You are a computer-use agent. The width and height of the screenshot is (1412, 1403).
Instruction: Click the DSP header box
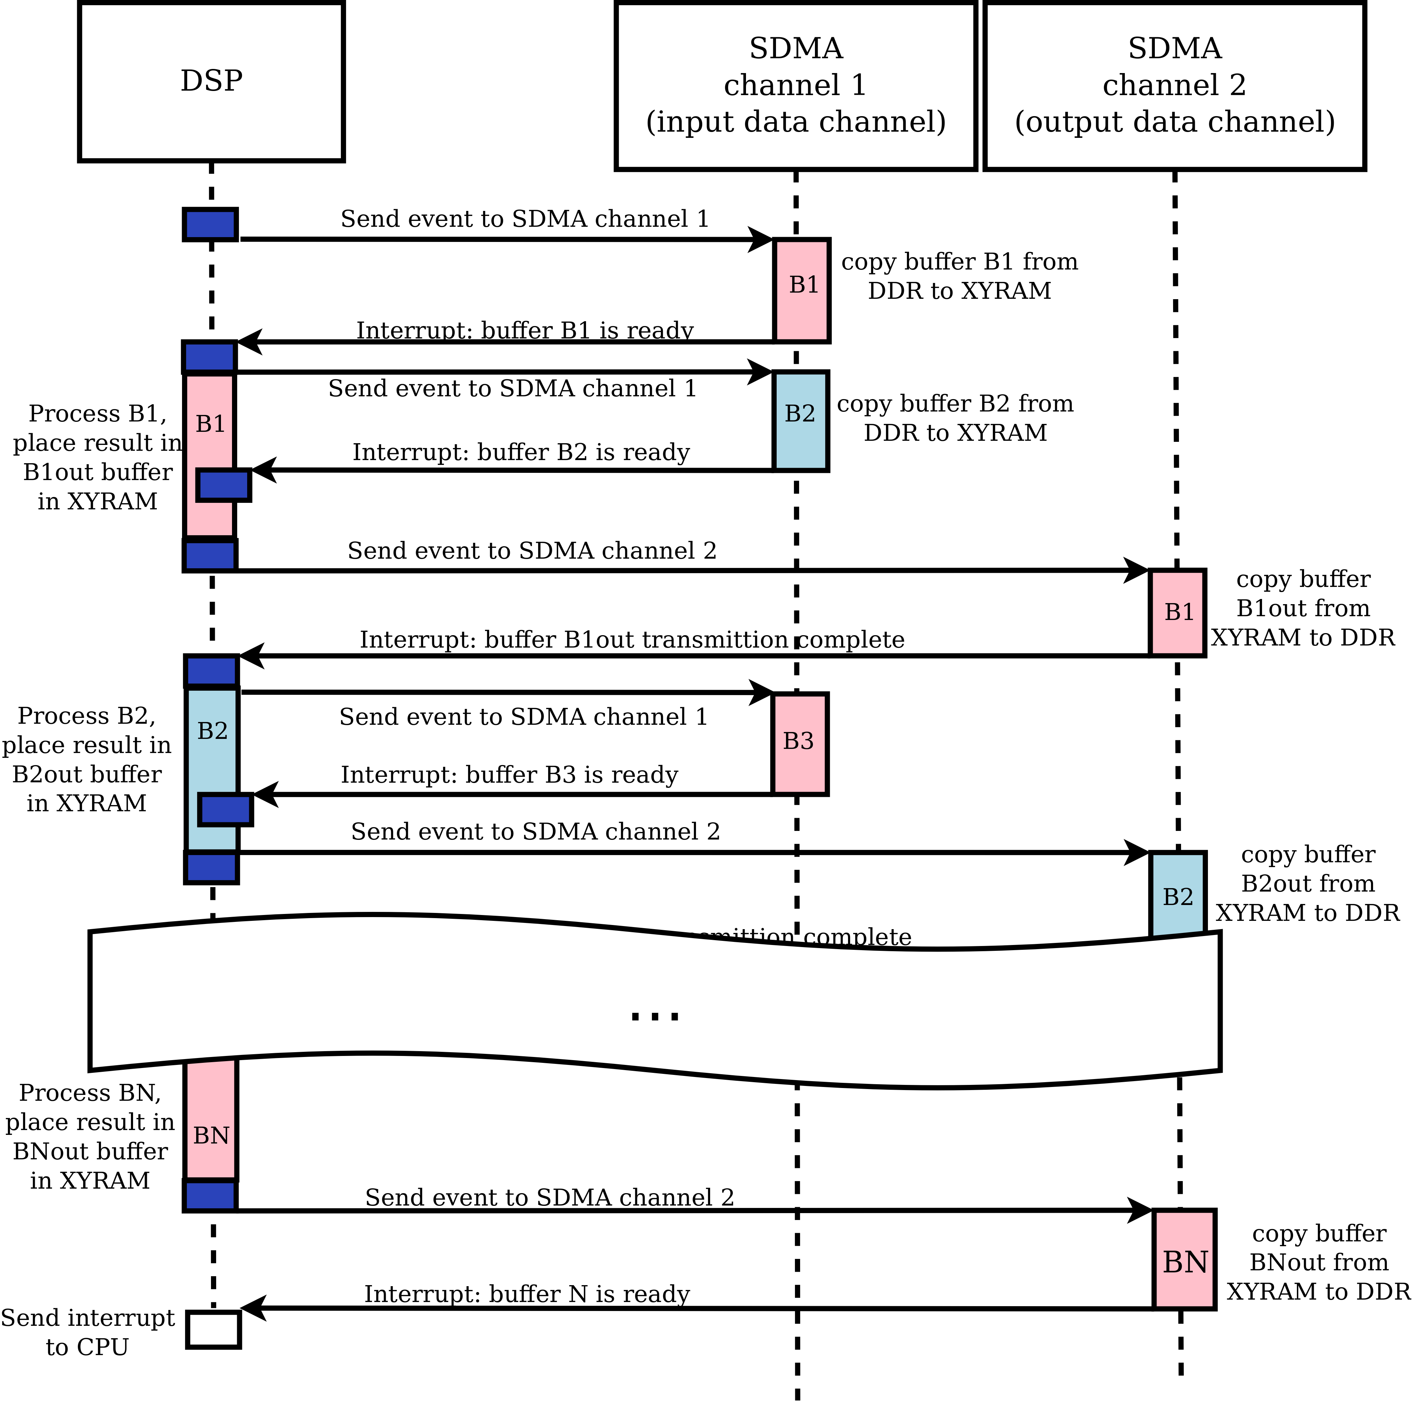click(211, 81)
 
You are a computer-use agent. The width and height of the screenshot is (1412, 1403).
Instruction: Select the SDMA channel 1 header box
click(796, 85)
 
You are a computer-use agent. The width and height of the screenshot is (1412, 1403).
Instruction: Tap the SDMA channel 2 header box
click(1174, 85)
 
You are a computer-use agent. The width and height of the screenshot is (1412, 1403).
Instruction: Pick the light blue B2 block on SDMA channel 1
click(800, 421)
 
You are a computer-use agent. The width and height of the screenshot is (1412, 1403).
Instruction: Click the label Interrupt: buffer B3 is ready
click(510, 775)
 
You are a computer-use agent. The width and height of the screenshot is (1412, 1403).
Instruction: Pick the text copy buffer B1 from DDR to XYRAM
click(959, 276)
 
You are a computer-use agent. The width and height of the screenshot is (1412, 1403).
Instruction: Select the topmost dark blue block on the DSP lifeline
click(211, 224)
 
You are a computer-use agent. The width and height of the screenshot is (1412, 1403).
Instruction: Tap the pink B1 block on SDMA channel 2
click(1177, 612)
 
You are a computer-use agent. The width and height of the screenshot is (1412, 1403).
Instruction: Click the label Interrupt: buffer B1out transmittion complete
click(632, 640)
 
